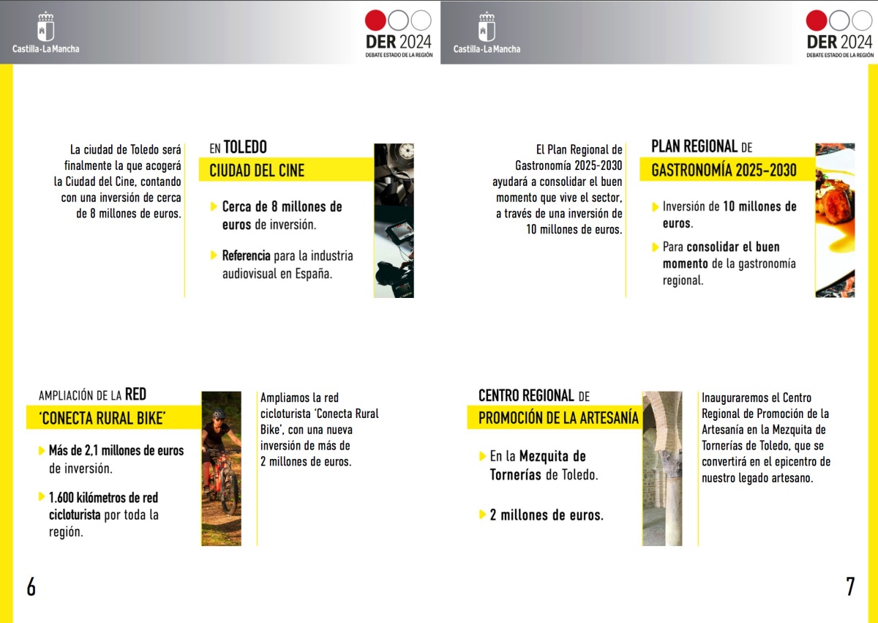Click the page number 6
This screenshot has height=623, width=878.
point(31,586)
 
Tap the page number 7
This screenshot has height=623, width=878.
point(850,586)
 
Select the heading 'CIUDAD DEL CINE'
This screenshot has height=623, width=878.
point(257,171)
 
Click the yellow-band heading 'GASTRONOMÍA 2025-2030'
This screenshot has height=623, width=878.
point(724,171)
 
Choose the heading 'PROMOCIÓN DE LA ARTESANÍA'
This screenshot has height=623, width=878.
point(558,418)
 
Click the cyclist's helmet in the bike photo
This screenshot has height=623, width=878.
point(219,414)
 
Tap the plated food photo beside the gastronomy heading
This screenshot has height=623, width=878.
point(835,220)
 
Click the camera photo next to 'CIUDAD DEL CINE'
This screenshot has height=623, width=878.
point(394,220)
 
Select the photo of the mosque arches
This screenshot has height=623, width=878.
point(662,469)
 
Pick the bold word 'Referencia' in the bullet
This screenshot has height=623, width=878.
point(246,256)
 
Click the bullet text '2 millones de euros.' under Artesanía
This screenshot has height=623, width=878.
point(547,515)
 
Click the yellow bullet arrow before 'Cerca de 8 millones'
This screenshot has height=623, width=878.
point(214,206)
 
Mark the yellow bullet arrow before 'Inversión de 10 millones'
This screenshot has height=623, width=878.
point(656,206)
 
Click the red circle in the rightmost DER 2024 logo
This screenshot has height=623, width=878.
point(817,20)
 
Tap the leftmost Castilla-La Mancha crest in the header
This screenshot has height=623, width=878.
point(45,28)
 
